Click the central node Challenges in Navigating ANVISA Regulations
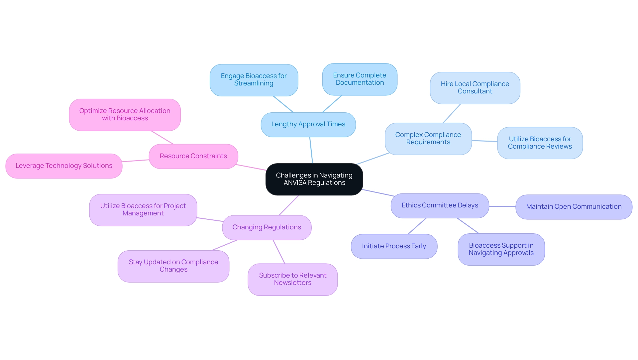tap(314, 179)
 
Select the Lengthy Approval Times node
tap(308, 124)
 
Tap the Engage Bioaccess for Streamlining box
tap(254, 80)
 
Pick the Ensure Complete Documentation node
tap(360, 79)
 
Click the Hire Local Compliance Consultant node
tap(475, 88)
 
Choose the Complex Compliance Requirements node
tap(428, 139)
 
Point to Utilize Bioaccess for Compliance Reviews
tap(540, 143)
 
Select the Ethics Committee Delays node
tap(440, 205)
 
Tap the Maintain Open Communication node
tap(574, 207)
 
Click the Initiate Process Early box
tap(394, 246)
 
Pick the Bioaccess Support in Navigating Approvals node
tap(501, 249)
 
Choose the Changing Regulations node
tap(266, 227)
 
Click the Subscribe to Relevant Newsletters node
tap(292, 279)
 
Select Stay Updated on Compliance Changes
tap(173, 266)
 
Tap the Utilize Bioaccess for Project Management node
tap(143, 210)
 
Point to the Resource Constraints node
tap(193, 156)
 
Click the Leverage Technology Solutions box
tap(64, 166)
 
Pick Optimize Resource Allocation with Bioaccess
tap(125, 115)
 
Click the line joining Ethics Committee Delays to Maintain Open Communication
tap(502, 206)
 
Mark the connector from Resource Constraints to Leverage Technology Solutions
tap(136, 161)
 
